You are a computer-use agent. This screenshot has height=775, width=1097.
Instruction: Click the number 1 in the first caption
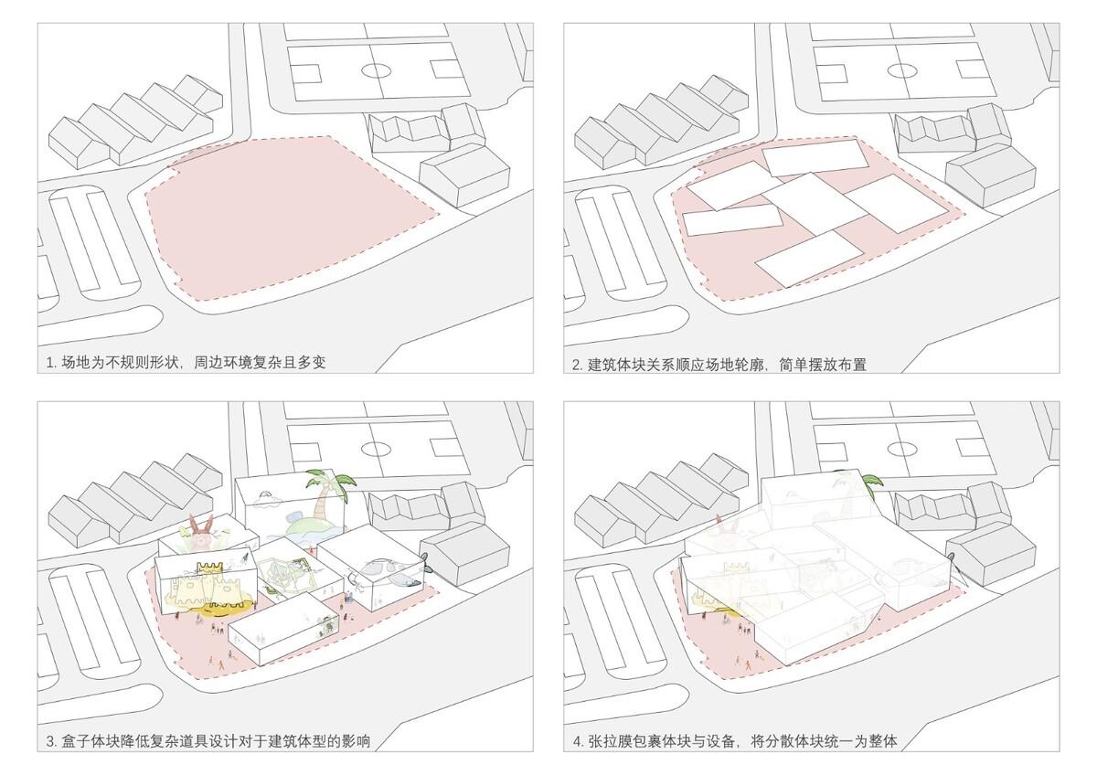pos(50,363)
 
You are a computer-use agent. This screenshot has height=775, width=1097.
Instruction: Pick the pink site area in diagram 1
pos(283,219)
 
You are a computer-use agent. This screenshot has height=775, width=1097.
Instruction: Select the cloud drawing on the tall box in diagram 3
pos(269,498)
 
